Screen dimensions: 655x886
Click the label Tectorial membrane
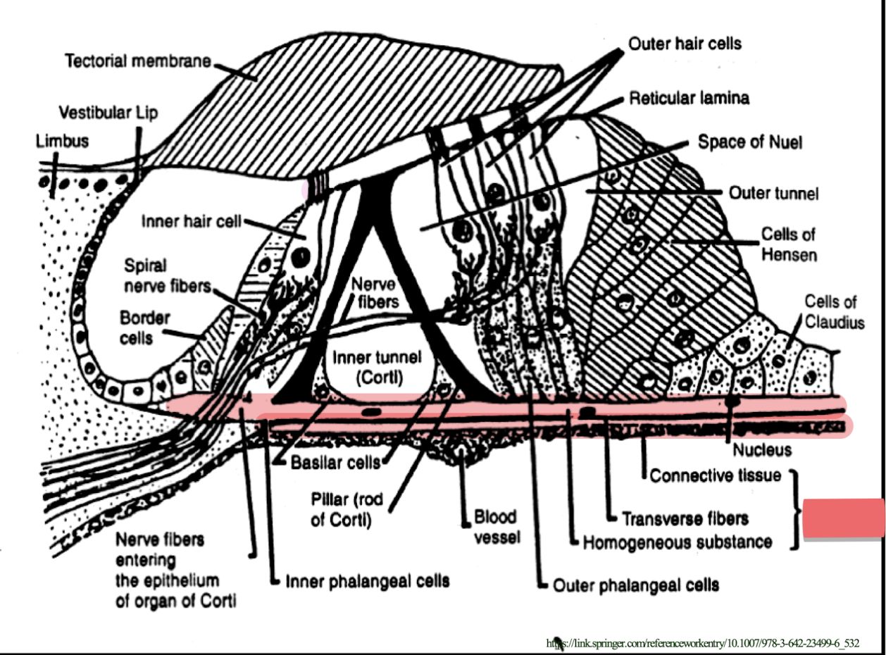138,61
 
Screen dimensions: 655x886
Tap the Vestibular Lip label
108,112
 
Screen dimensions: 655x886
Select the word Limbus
62,141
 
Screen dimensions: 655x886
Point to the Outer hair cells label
685,44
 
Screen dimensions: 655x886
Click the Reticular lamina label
689,98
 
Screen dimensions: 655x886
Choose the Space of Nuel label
749,142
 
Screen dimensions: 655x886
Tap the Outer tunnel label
773,192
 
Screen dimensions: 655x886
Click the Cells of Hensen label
788,244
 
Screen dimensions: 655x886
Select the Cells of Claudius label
834,312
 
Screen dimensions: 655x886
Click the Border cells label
144,327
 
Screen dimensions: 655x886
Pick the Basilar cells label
335,463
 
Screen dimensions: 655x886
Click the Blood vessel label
497,525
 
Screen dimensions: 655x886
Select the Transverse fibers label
685,519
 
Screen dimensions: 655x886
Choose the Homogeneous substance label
677,542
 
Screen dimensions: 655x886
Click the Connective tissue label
715,475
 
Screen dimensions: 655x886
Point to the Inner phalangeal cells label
367,582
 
